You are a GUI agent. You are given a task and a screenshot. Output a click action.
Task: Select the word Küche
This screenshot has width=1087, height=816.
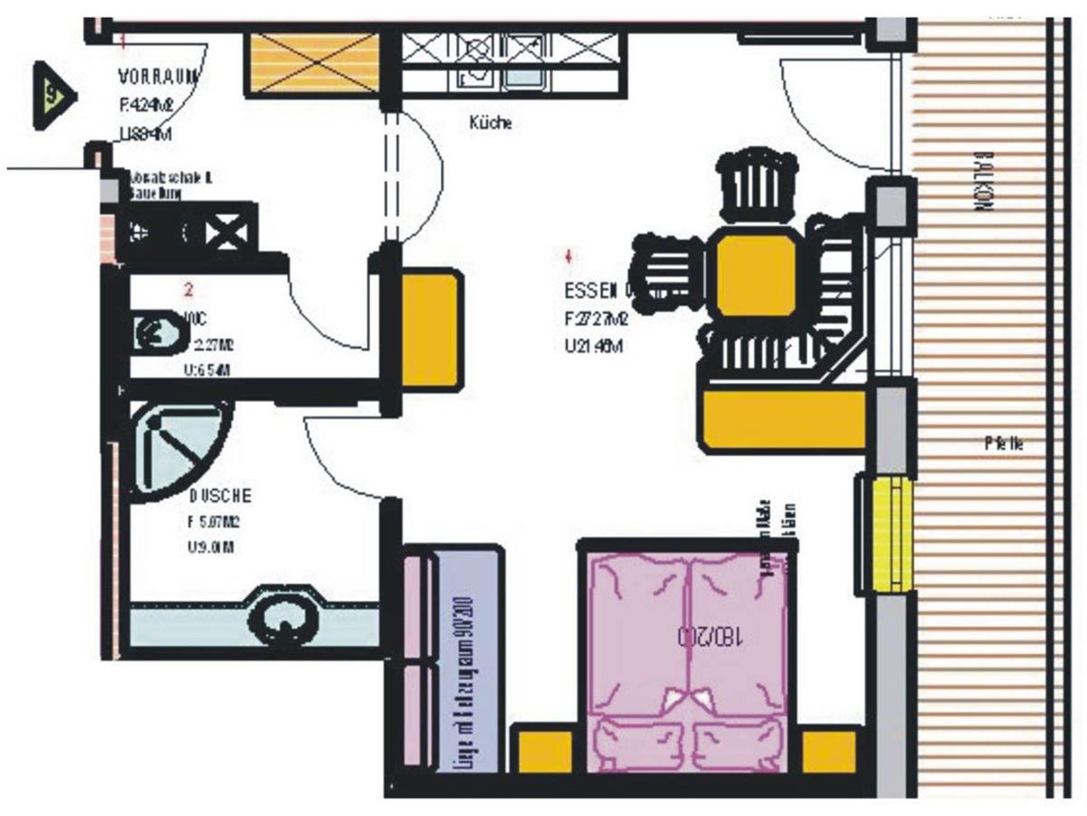pos(491,123)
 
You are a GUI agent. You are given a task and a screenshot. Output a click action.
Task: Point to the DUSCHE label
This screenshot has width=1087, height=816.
pos(220,496)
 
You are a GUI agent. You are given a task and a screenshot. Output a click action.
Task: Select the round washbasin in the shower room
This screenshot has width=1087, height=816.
pos(286,619)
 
